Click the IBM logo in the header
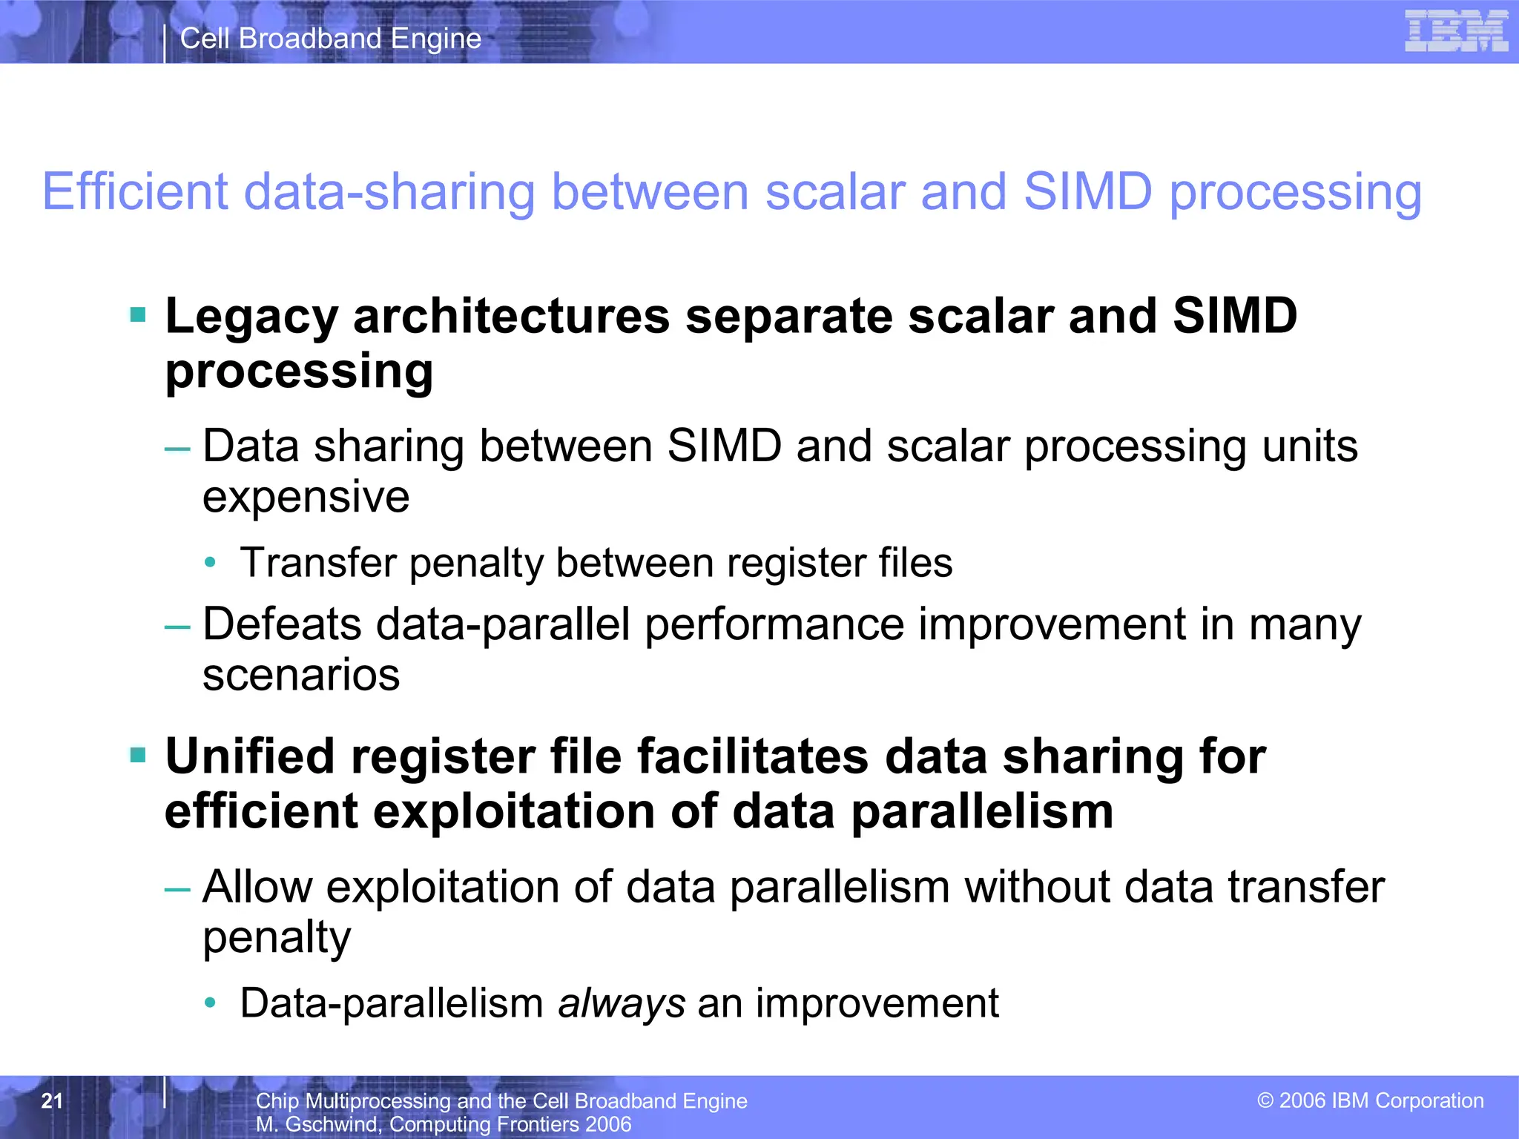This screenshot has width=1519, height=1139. (x=1456, y=31)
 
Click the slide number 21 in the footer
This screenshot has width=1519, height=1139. (x=52, y=1100)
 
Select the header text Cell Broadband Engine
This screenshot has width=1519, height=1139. (x=331, y=39)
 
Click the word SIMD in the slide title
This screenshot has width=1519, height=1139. (x=1087, y=191)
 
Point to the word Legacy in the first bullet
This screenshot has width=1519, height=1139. (x=251, y=317)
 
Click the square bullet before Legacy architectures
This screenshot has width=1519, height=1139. (x=138, y=315)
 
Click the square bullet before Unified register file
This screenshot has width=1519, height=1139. (x=138, y=756)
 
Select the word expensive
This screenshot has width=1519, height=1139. (x=306, y=497)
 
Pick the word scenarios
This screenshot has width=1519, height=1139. (x=301, y=676)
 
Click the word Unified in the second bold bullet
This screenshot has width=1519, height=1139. (x=249, y=757)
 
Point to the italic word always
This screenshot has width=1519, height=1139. (x=622, y=1004)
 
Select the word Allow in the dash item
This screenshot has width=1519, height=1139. (x=257, y=887)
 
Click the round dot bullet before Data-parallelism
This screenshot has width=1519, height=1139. (x=211, y=1003)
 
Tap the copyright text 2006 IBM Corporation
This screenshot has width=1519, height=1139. (x=1371, y=1100)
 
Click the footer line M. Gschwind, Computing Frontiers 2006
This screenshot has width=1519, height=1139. (x=444, y=1124)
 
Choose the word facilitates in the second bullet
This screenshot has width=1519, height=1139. (x=753, y=757)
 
